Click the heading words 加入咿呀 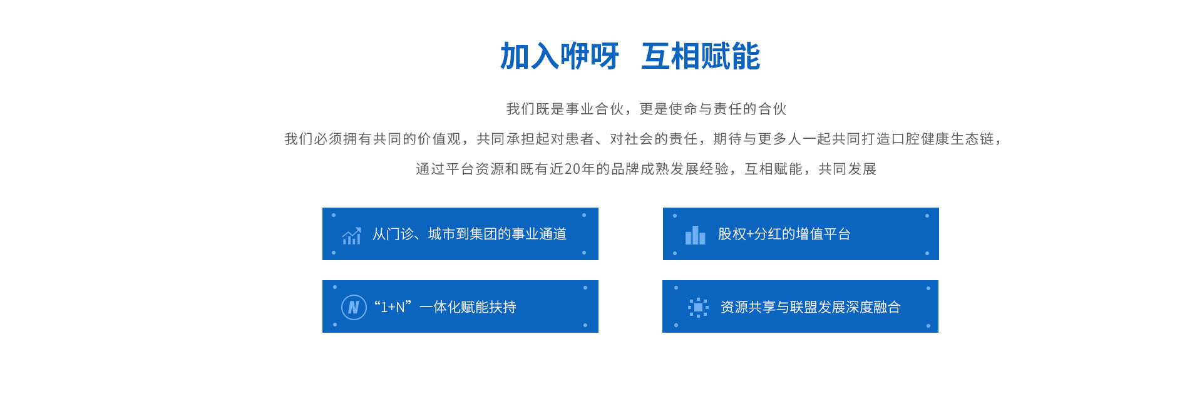[x=559, y=56]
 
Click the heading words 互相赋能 [x=701, y=56]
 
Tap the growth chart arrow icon [x=352, y=236]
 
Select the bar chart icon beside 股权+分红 [x=695, y=235]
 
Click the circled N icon [x=354, y=307]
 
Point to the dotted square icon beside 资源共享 [x=698, y=307]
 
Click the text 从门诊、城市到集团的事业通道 [x=470, y=234]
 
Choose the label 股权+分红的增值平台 [x=784, y=234]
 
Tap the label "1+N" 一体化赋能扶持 [x=445, y=307]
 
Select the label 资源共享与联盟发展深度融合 [x=811, y=307]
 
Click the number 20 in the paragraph [x=572, y=169]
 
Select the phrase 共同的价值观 [x=418, y=139]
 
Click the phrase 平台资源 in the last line [x=475, y=169]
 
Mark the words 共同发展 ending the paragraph [x=847, y=169]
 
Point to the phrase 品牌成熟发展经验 [x=670, y=169]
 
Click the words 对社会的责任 [x=654, y=139]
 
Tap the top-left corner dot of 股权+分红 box [x=674, y=216]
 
